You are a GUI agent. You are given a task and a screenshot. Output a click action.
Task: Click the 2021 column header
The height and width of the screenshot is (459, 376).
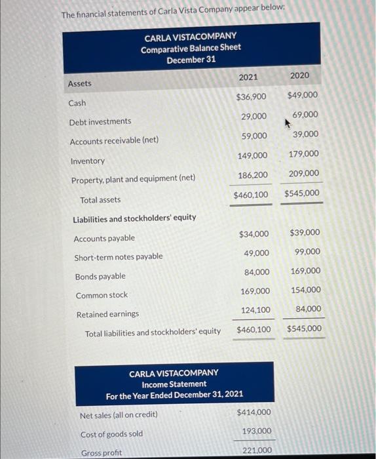click(x=248, y=77)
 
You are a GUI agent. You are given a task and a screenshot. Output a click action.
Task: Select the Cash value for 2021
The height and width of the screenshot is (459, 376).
click(x=251, y=96)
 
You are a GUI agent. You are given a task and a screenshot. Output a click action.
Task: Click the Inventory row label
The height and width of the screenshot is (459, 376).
click(x=87, y=161)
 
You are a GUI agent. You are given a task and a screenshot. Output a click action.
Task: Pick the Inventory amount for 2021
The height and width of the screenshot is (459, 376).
click(x=252, y=155)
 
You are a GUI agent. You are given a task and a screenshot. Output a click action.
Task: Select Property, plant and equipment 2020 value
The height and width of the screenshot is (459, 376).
click(x=303, y=173)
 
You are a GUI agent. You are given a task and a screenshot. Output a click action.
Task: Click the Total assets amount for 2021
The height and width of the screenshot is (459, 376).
click(x=251, y=195)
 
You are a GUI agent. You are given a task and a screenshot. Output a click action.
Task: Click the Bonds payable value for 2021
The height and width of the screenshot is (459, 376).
click(x=256, y=271)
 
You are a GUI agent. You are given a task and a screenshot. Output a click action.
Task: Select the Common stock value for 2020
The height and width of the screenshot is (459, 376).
click(x=305, y=290)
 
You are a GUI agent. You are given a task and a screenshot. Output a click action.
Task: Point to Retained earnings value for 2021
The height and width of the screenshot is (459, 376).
click(x=255, y=309)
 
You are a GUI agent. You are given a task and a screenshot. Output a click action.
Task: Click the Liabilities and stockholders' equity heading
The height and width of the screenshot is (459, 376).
click(x=134, y=218)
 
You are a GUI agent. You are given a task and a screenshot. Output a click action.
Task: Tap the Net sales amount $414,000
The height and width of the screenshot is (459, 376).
click(x=254, y=412)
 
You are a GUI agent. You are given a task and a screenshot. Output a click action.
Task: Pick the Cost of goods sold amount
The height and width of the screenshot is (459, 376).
click(x=257, y=431)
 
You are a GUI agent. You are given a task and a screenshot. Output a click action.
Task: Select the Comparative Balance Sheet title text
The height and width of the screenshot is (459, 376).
click(x=191, y=48)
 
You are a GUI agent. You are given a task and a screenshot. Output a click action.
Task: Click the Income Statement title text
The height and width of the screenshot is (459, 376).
click(x=174, y=384)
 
